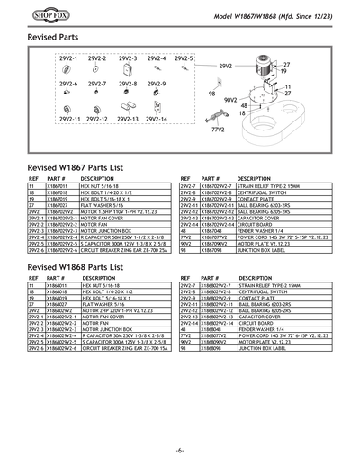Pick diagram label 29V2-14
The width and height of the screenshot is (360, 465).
click(x=156, y=119)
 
